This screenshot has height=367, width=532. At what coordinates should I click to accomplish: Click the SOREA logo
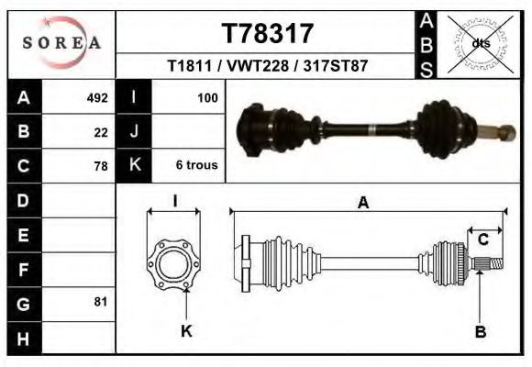click(x=61, y=42)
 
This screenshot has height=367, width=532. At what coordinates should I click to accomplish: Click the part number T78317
click(x=267, y=34)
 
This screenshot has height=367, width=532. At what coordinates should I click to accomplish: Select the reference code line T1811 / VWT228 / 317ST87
click(x=267, y=67)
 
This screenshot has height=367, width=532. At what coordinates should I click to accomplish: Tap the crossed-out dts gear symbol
click(x=480, y=43)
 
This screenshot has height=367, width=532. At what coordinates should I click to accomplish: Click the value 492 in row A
click(x=97, y=97)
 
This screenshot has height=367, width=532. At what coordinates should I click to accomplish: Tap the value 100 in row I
click(x=206, y=97)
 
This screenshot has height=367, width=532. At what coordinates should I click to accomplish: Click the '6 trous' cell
click(x=196, y=166)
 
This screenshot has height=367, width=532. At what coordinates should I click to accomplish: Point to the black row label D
click(x=24, y=199)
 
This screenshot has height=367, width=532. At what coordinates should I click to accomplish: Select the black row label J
click(x=134, y=131)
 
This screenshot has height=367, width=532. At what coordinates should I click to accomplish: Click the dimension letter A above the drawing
click(x=363, y=204)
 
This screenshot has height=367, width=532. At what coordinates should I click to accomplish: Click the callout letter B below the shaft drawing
click(x=480, y=331)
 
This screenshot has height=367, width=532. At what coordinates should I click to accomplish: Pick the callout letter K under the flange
click(x=186, y=331)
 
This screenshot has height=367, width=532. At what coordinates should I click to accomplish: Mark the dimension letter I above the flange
click(x=174, y=202)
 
